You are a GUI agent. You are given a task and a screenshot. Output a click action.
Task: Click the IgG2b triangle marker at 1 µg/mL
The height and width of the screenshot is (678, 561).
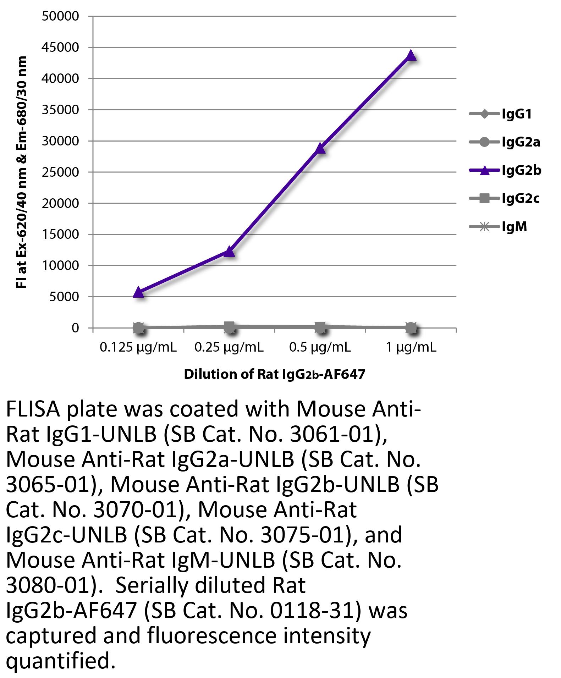[x=411, y=56]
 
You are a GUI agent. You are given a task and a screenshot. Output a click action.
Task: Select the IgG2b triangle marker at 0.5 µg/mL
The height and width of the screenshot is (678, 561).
[x=320, y=148]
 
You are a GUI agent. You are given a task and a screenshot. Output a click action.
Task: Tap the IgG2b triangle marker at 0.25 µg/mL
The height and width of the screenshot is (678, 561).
[x=229, y=252]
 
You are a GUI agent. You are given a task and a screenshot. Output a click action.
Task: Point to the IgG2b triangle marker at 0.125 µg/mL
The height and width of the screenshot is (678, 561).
[x=138, y=292]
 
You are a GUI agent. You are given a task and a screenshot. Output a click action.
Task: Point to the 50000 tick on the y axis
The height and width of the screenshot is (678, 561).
[x=60, y=16]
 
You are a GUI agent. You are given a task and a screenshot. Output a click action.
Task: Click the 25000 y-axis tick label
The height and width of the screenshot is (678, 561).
[x=60, y=172]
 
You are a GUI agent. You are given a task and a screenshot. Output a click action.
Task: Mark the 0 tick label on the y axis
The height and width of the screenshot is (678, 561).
[x=75, y=328]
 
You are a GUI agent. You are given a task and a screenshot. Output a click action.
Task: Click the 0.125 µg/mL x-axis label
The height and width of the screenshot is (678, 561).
[x=138, y=347]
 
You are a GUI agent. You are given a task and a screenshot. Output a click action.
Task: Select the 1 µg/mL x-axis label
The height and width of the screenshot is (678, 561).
[x=411, y=347]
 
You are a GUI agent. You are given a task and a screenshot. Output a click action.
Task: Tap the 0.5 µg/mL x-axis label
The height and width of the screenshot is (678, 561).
[x=320, y=347]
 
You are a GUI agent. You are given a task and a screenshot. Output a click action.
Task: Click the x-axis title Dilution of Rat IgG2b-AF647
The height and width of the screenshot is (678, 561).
[x=274, y=374]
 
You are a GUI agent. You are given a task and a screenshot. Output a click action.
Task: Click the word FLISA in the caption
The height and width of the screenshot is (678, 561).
[x=33, y=409]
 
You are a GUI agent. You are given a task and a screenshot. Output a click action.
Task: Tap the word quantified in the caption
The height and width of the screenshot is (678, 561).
[x=60, y=661]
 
